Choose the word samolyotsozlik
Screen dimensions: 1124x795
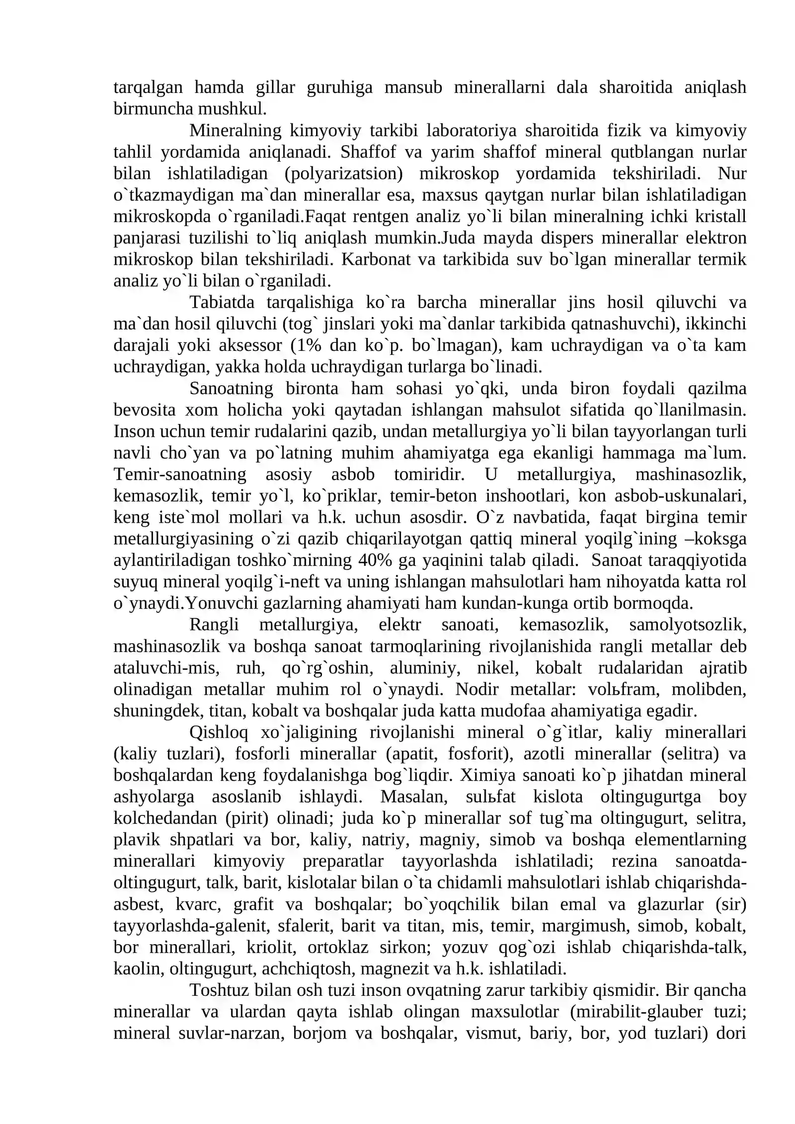(688, 625)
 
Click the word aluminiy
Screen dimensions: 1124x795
(425, 668)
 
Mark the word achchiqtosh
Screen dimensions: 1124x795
(308, 968)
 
